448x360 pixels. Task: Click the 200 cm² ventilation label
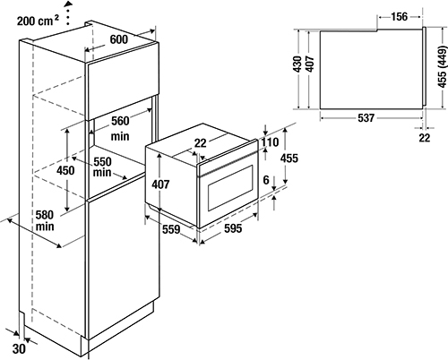pos(38,21)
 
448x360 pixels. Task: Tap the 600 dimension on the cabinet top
pos(119,39)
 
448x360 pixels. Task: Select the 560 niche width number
pos(120,121)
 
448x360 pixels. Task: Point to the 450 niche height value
pos(65,171)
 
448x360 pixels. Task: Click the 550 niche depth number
pos(102,162)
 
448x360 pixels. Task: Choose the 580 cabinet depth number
pos(45,215)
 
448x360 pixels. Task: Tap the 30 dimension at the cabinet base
pos(19,348)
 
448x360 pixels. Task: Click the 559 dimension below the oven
pos(171,229)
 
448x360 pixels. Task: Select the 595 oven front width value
pos(233,228)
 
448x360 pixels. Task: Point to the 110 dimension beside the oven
pos(271,142)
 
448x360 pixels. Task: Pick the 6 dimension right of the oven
pos(266,180)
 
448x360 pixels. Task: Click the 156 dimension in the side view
pos(400,17)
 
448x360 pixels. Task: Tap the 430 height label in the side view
pos(297,64)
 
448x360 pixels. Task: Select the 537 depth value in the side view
pos(366,118)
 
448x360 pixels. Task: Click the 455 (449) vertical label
pos(443,67)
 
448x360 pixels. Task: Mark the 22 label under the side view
pos(425,138)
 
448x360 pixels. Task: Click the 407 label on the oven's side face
pos(160,184)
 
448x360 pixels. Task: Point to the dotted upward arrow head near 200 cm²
pos(69,4)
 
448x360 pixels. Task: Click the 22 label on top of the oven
pos(200,143)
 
